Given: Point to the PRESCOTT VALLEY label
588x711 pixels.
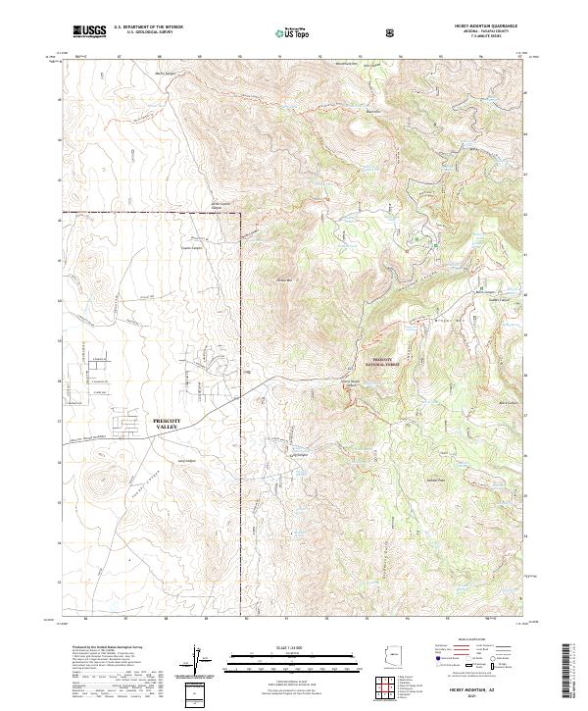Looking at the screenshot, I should click(x=175, y=423).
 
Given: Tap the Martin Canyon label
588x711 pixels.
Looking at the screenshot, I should click(x=168, y=73).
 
